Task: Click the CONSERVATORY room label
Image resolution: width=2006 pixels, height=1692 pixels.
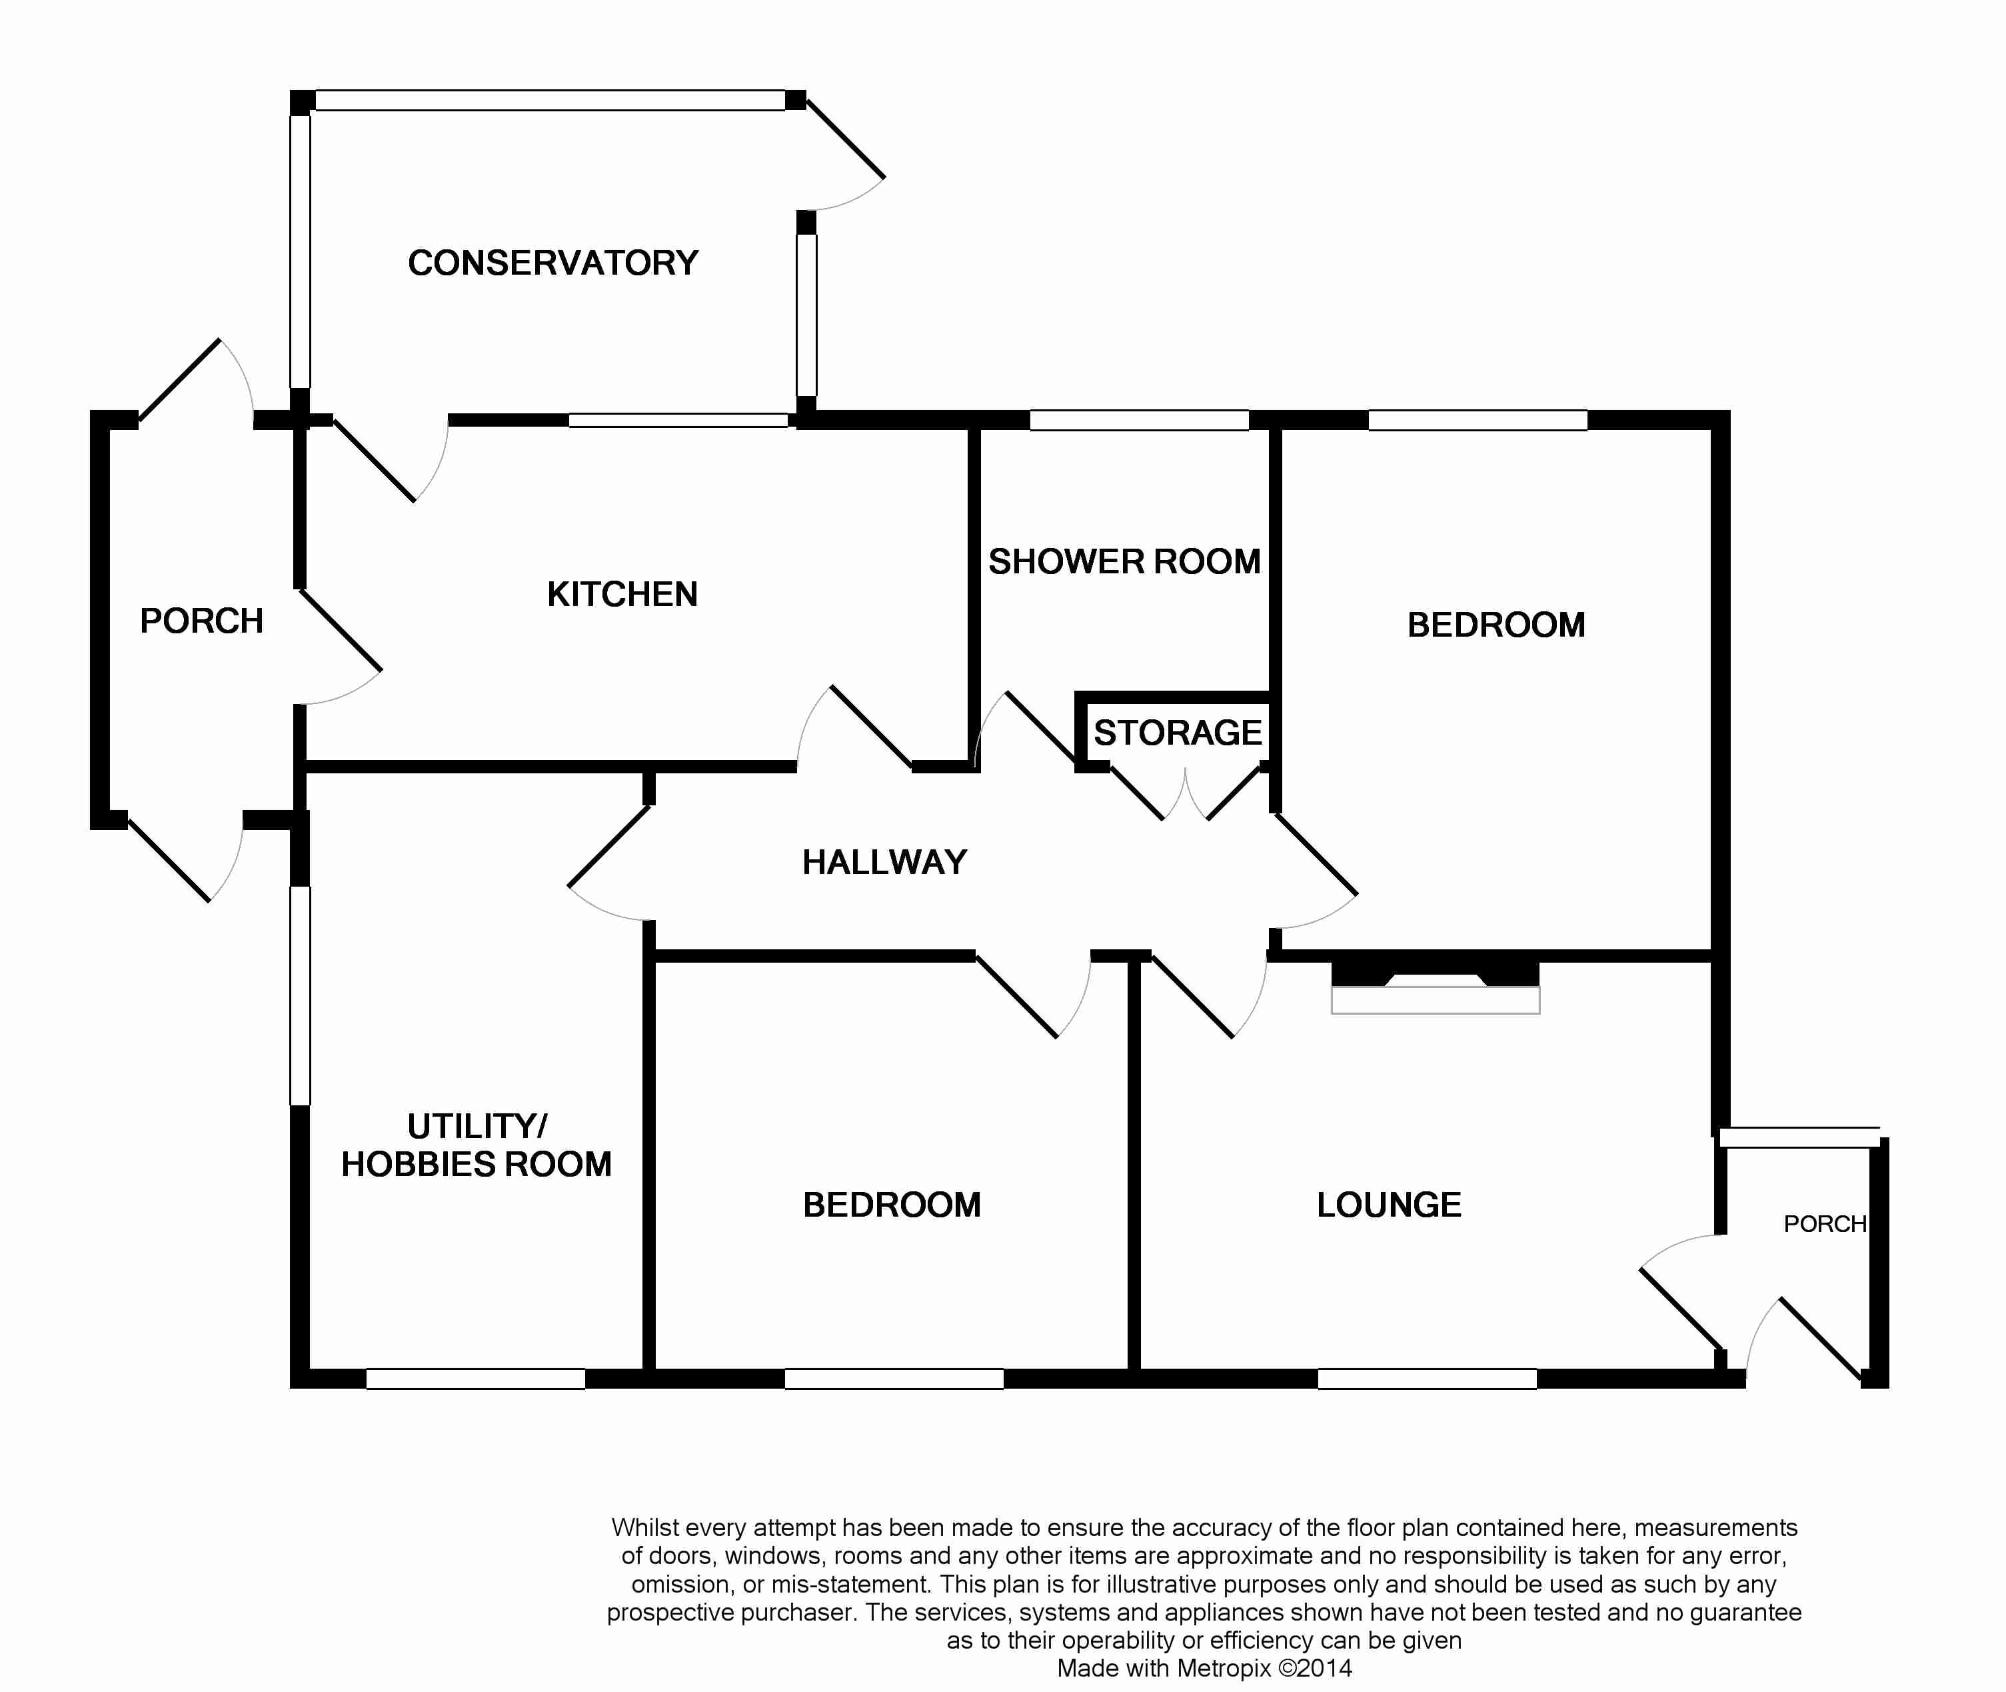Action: (x=553, y=263)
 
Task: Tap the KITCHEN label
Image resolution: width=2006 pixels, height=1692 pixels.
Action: (x=622, y=595)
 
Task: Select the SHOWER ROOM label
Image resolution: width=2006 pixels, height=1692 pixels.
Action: (x=1124, y=562)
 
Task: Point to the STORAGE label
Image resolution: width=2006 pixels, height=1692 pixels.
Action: (x=1178, y=733)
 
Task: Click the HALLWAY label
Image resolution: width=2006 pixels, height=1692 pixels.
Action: (x=884, y=862)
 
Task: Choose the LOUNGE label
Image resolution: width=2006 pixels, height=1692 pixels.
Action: (x=1388, y=1205)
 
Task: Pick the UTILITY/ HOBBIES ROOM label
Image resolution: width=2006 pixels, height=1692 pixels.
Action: (x=477, y=1145)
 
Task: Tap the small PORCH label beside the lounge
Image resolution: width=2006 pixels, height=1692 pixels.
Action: (x=1825, y=1224)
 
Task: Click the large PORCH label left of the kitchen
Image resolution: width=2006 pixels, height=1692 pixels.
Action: (x=201, y=621)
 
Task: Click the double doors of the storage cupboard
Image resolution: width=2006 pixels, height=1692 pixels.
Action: (x=1185, y=794)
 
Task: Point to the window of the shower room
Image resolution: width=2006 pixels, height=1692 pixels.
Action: (x=1139, y=420)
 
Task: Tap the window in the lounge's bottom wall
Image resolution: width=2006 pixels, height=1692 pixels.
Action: (x=1427, y=1379)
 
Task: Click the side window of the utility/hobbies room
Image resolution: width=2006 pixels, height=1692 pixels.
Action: (x=300, y=995)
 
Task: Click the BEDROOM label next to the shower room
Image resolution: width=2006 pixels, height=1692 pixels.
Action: (x=1496, y=625)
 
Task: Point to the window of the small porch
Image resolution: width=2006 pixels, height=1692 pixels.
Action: (x=1799, y=1137)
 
